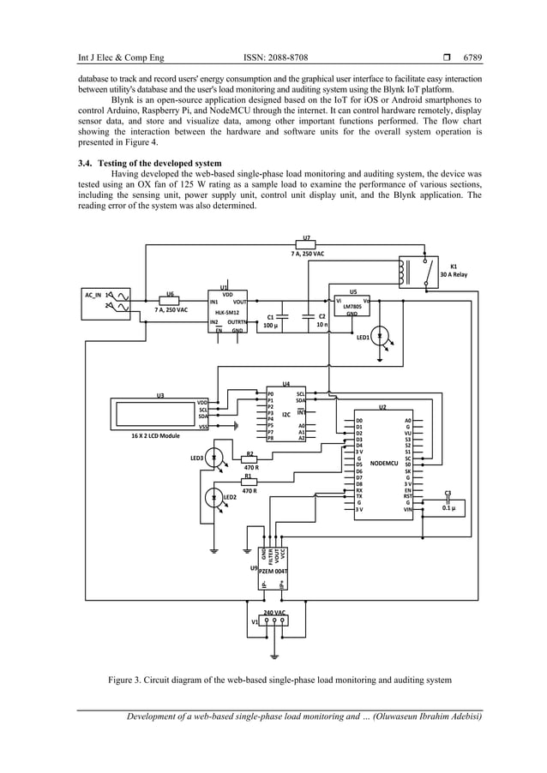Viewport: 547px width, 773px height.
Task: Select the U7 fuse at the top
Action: tap(306, 244)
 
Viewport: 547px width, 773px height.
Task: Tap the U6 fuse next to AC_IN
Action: tap(170, 301)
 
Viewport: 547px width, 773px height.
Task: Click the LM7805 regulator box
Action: tap(352, 306)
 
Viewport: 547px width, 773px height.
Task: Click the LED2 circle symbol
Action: tap(214, 496)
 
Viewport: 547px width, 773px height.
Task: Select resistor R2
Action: tap(249, 460)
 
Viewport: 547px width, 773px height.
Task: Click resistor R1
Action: tap(249, 482)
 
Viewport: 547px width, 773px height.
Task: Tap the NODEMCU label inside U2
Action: tap(383, 464)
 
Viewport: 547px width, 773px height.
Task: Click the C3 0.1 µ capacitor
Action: tap(448, 501)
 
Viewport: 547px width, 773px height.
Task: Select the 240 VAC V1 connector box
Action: tap(273, 620)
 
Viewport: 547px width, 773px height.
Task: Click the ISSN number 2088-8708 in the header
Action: tap(275, 58)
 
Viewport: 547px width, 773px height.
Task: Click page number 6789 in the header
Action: tap(472, 58)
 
